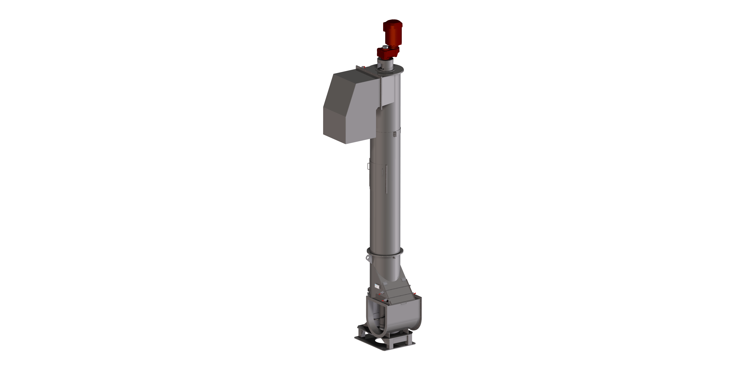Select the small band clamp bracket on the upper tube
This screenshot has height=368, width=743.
pos(395,134)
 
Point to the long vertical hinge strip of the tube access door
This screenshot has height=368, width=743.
pos(386,179)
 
